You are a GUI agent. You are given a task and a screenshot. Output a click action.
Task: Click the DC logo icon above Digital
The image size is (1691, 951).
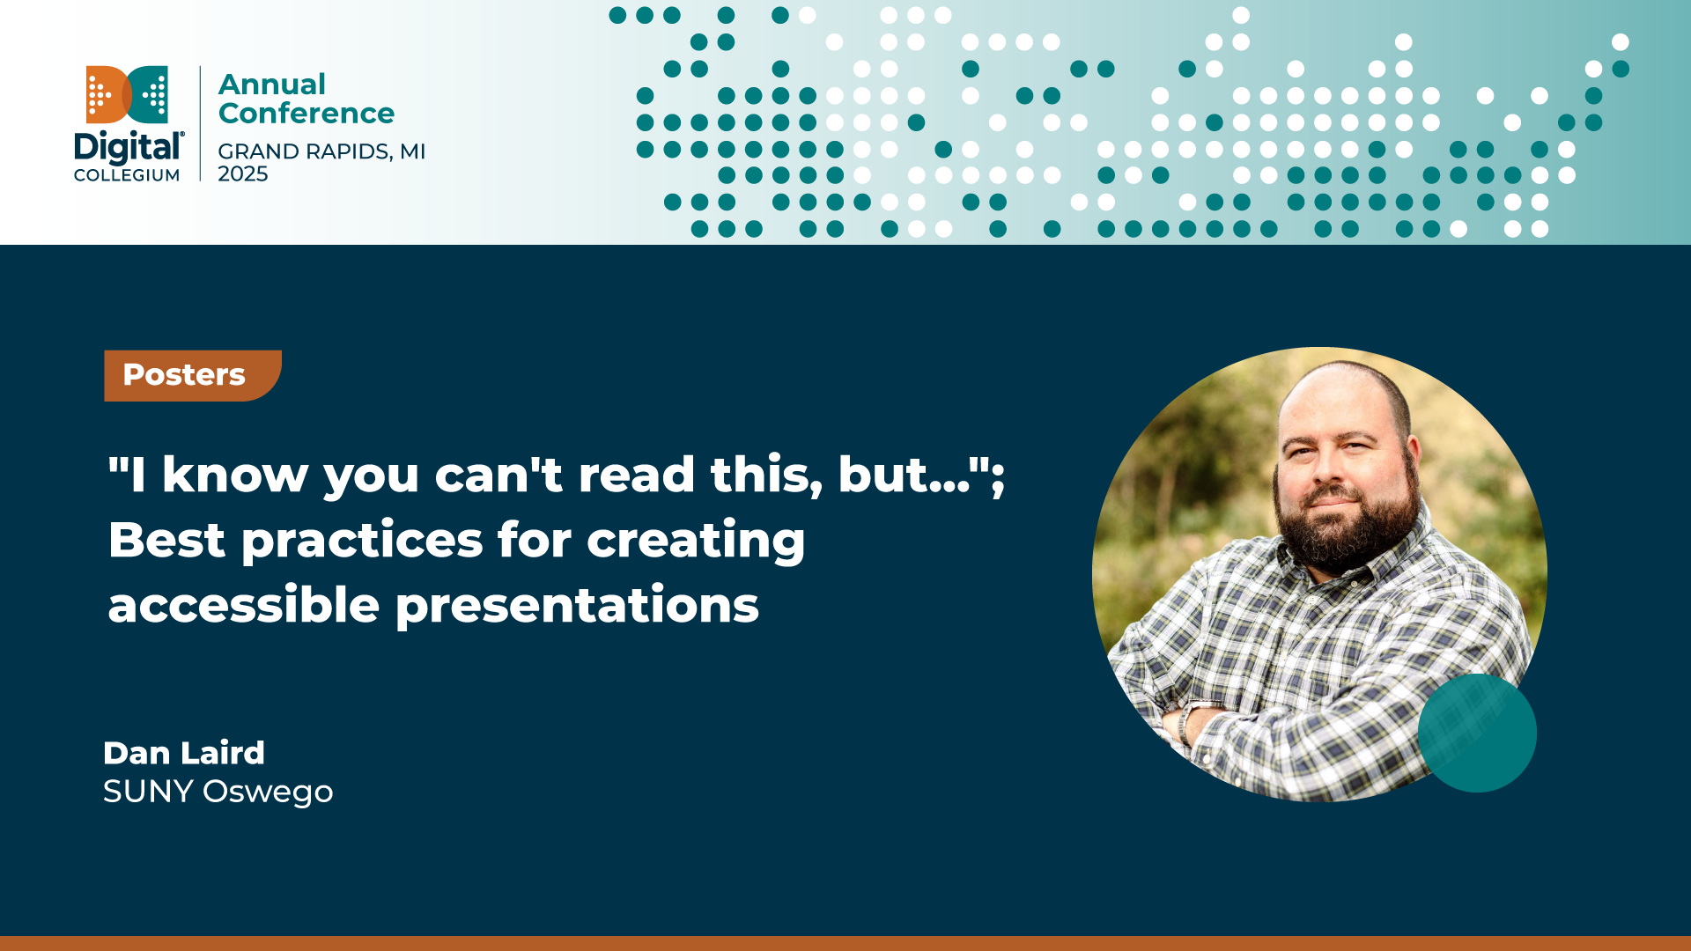point(127,94)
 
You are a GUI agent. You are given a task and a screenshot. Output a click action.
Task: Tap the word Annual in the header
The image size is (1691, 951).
point(272,85)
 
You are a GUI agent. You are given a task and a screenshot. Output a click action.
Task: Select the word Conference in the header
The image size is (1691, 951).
point(306,114)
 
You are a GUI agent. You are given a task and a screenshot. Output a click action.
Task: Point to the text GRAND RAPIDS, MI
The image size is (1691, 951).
point(321,151)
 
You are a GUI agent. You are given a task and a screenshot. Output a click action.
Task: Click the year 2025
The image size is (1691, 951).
point(243,174)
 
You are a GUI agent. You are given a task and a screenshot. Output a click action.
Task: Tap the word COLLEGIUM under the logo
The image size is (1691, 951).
point(127,175)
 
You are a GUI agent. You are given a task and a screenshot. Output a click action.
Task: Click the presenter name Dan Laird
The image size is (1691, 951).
point(184,753)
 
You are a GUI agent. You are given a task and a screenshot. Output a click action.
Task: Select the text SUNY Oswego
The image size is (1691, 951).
point(218,792)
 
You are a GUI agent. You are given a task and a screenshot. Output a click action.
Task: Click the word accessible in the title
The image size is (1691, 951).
point(244,605)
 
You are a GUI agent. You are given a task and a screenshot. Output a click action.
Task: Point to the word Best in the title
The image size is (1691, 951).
point(166,540)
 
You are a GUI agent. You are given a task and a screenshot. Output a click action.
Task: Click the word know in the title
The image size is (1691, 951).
point(235,475)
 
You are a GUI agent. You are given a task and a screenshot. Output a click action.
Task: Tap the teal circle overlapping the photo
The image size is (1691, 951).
point(1477,733)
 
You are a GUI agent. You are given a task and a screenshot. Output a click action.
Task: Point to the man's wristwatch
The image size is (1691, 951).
point(1189,718)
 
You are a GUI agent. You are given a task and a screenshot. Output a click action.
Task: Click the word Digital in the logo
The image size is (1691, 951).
point(129,148)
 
